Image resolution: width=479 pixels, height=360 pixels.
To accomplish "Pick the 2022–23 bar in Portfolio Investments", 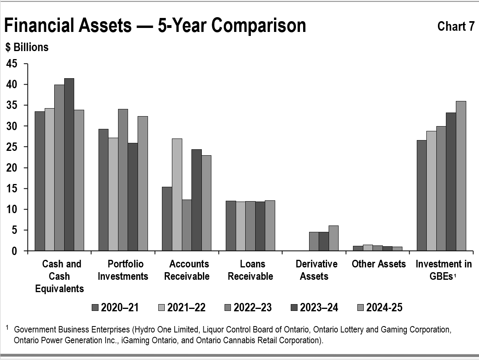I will coord(123,180).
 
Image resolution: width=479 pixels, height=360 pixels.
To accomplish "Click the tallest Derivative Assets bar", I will coord(333,238).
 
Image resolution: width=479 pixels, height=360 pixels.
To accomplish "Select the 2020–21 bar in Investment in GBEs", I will coord(422,196).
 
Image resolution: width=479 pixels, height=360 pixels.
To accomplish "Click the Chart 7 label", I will coord(455,26).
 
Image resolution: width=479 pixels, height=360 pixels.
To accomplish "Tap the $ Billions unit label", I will coord(27,47).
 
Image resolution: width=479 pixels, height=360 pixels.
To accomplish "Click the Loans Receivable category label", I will coord(250,270).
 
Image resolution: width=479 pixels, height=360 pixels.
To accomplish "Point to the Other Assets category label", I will coord(378,264).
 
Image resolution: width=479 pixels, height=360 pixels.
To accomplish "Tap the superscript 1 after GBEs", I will coord(455,277).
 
